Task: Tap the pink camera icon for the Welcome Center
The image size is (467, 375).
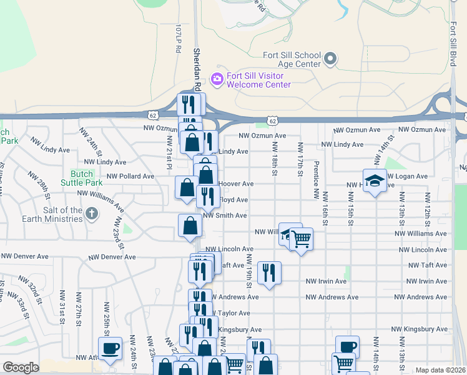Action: pyautogui.click(x=217, y=78)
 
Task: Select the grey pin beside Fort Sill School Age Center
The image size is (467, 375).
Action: pyautogui.click(x=331, y=60)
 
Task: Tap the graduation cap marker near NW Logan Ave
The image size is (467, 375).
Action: pyautogui.click(x=374, y=181)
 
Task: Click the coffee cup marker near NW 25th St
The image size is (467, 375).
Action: pyautogui.click(x=111, y=348)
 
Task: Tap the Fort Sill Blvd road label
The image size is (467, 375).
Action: pyautogui.click(x=453, y=47)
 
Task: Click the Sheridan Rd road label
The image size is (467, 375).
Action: pyautogui.click(x=197, y=69)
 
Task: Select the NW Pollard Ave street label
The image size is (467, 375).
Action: pyautogui.click(x=130, y=176)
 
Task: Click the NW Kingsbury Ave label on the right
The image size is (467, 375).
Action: pyautogui.click(x=419, y=329)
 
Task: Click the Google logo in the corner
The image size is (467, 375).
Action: pyautogui.click(x=21, y=367)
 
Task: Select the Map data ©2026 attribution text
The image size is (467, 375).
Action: pyautogui.click(x=440, y=370)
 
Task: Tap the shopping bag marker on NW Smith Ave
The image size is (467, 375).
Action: pyautogui.click(x=190, y=226)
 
